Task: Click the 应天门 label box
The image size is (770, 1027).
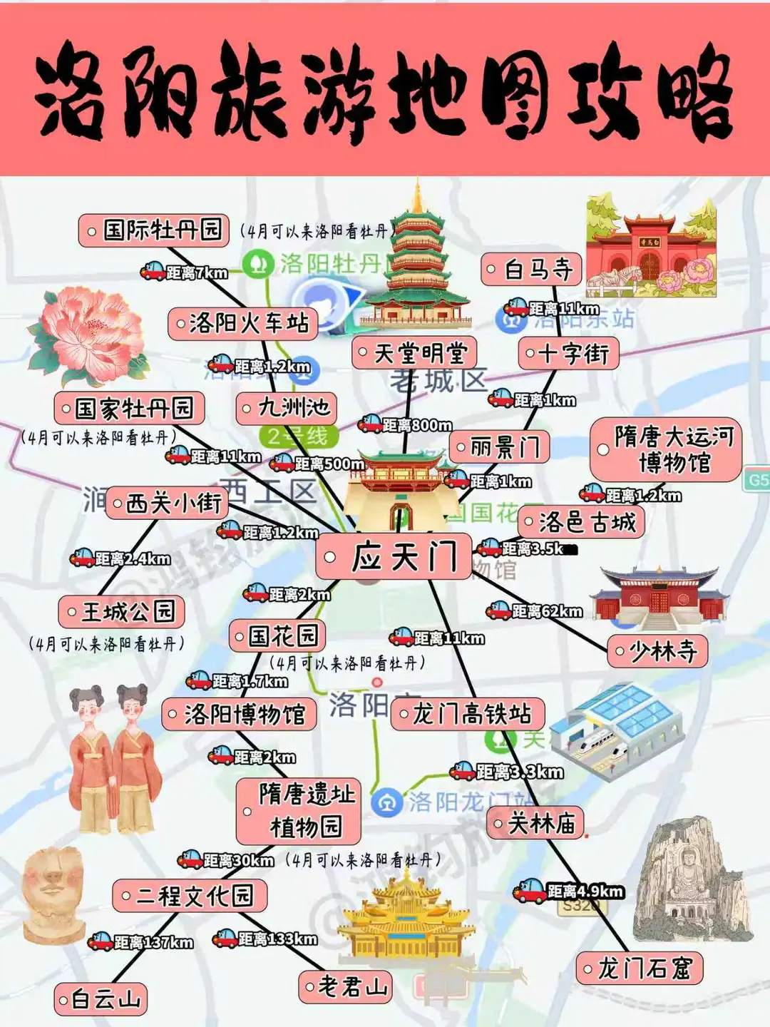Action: (x=394, y=557)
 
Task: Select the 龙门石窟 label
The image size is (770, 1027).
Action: (x=639, y=969)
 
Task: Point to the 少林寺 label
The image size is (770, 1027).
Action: (x=657, y=651)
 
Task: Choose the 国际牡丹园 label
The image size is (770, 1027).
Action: (x=154, y=230)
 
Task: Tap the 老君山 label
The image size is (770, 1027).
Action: (x=346, y=987)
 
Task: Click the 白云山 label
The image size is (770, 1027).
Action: (x=101, y=999)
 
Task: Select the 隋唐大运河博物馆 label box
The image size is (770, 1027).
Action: (x=666, y=450)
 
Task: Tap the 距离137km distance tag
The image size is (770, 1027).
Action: (x=141, y=942)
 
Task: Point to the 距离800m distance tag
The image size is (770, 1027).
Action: (x=405, y=425)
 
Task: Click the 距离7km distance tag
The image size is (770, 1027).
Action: (x=184, y=272)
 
